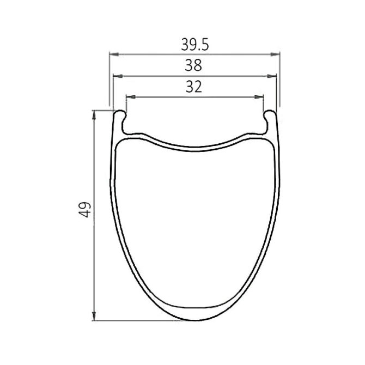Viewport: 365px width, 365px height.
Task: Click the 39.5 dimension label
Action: [195, 45]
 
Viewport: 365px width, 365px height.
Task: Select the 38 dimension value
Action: [193, 65]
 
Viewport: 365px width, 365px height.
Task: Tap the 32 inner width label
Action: [194, 87]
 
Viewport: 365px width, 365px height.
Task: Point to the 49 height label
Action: [85, 210]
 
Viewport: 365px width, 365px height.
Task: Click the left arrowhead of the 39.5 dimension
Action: [114, 54]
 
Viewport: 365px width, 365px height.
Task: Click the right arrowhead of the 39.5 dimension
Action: [275, 54]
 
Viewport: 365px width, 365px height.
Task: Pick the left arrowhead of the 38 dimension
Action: [118, 76]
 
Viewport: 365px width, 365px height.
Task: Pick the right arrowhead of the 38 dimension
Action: [272, 76]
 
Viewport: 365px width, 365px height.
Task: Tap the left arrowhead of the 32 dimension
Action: [131, 96]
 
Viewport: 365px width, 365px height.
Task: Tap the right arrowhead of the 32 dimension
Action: [259, 96]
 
